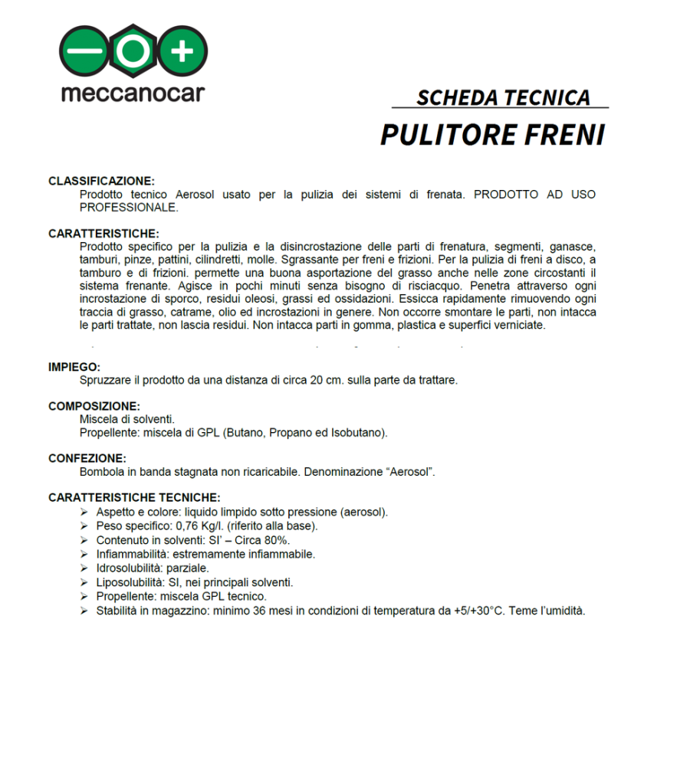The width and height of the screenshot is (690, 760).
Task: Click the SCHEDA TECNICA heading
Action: [x=503, y=98]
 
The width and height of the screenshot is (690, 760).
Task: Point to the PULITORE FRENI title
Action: [x=492, y=135]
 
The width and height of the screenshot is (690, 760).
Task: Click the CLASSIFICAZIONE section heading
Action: [x=101, y=182]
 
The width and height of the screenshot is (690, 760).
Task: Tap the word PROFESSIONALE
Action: [x=129, y=208]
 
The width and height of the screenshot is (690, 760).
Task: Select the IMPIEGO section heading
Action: [x=74, y=367]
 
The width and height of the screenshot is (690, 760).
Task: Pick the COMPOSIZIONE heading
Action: [x=94, y=406]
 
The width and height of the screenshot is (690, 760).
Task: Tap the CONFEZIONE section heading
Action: [x=87, y=459]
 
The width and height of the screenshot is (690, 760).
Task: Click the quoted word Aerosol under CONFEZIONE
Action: [x=411, y=472]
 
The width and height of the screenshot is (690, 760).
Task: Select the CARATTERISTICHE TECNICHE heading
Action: [x=134, y=498]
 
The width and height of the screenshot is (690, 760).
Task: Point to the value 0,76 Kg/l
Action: [x=199, y=526]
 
